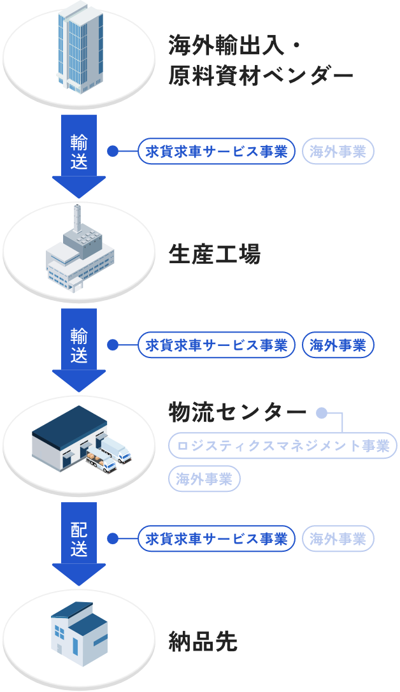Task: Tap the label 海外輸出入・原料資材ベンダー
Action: (260, 61)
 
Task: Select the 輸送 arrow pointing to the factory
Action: (79, 153)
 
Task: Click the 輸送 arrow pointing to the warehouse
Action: (79, 347)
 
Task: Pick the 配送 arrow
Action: (79, 540)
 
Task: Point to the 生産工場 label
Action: (215, 255)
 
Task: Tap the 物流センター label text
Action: (237, 413)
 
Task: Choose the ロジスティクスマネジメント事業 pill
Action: (283, 445)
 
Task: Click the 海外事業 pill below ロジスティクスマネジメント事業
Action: (204, 479)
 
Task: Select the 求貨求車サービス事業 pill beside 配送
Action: (217, 539)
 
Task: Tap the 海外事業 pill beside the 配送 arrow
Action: (338, 539)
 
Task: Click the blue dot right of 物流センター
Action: (322, 414)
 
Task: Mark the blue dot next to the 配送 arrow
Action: (113, 539)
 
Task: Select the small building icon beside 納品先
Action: (78, 633)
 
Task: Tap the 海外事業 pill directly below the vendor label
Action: (338, 152)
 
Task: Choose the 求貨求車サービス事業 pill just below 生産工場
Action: (217, 345)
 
